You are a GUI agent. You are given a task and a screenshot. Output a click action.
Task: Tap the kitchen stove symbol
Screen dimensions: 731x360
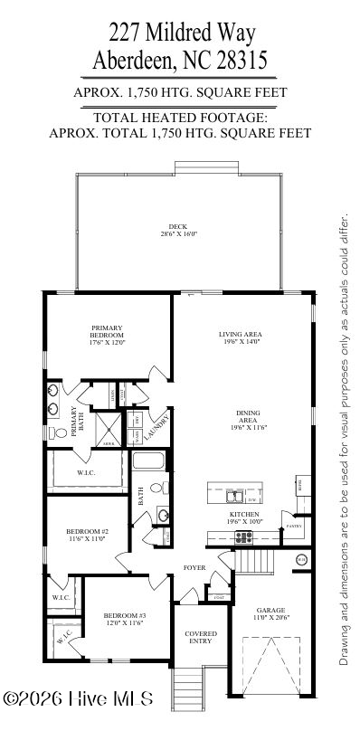click(243, 536)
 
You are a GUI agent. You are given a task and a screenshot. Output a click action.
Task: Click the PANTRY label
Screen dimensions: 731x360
click(293, 526)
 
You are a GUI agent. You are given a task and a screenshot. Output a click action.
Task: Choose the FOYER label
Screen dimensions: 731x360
click(194, 568)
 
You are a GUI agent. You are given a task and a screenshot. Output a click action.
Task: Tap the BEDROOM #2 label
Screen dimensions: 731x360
click(87, 534)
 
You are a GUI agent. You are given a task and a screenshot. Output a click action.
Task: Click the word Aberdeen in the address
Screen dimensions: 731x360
click(137, 61)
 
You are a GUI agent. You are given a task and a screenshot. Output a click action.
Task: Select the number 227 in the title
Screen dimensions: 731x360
click(126, 33)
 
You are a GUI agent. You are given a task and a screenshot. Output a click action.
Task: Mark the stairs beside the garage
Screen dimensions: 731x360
click(256, 562)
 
